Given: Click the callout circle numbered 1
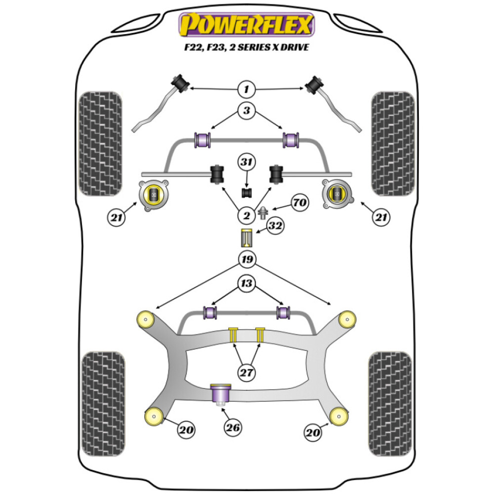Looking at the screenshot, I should click(246, 89).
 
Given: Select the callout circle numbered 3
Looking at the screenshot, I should click(246, 111).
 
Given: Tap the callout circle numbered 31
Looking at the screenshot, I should click(246, 162).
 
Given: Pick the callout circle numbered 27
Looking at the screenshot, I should click(246, 372).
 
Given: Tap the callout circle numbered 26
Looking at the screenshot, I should click(233, 428).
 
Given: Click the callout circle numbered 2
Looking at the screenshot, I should click(246, 215).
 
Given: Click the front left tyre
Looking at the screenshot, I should click(101, 143).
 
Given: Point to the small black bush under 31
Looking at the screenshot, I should click(247, 192).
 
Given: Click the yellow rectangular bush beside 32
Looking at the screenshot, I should click(247, 239).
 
